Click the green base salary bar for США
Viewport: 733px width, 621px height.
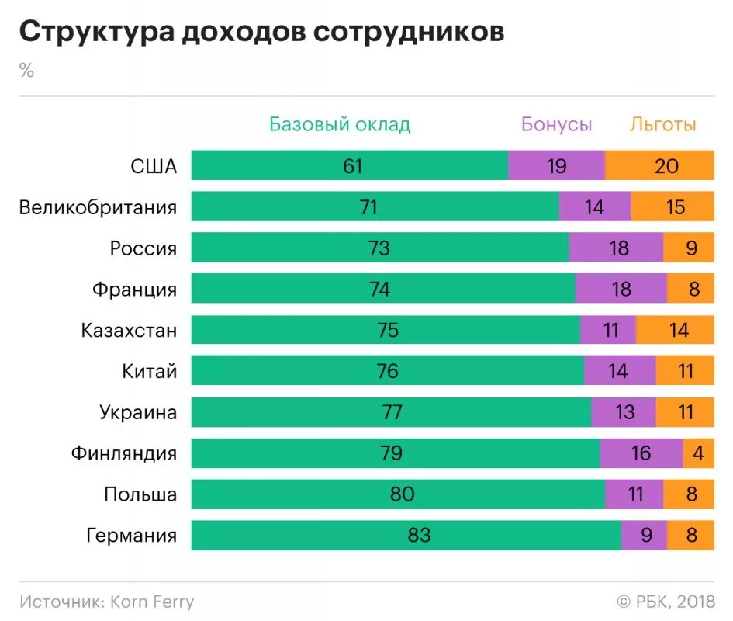coord(349,166)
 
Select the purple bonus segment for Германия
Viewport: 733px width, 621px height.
coord(644,536)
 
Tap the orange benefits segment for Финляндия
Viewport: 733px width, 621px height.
coord(698,453)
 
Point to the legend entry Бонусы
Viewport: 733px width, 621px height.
coord(556,124)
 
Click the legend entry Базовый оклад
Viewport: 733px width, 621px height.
coord(340,124)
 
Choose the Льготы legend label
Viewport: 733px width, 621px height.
coord(662,124)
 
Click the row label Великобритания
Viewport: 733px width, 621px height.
coord(98,207)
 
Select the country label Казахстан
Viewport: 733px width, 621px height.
coord(129,331)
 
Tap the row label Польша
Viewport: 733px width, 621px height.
coord(140,494)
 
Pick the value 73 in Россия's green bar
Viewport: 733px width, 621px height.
coord(379,248)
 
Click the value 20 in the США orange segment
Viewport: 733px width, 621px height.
coord(666,166)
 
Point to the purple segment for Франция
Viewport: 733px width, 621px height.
coord(621,290)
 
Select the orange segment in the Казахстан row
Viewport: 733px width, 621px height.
coord(675,331)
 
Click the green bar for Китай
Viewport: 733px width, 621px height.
coord(387,372)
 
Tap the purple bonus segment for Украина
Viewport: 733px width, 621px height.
coord(624,412)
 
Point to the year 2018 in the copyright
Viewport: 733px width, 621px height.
coord(695,602)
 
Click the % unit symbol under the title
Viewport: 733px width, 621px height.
coord(27,71)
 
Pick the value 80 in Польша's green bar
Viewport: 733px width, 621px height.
coord(403,494)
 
